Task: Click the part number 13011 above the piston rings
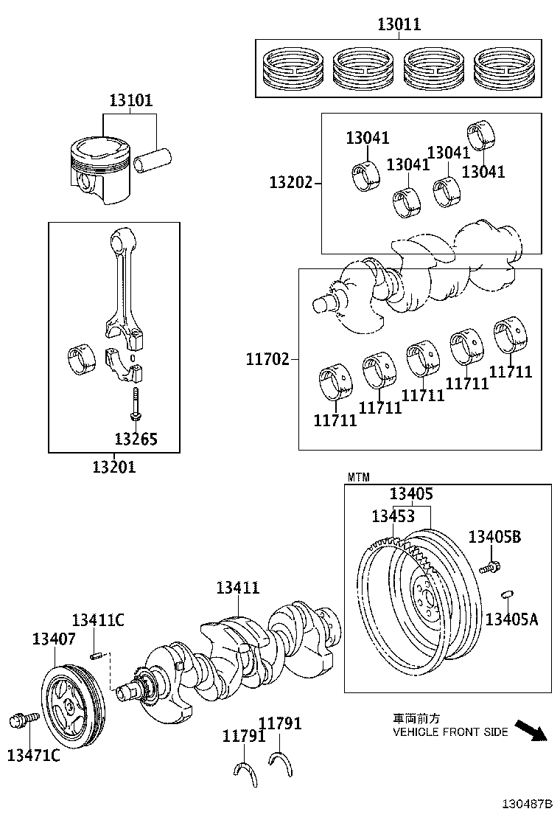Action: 399,24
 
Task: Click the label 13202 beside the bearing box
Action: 290,182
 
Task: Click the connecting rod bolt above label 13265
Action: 136,403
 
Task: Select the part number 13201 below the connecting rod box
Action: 113,467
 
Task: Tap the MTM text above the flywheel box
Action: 358,478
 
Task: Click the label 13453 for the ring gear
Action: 393,516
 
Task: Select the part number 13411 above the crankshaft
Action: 237,588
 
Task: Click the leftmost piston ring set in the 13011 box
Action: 292,67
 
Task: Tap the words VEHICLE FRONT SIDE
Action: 449,732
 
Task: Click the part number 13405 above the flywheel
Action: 411,495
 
